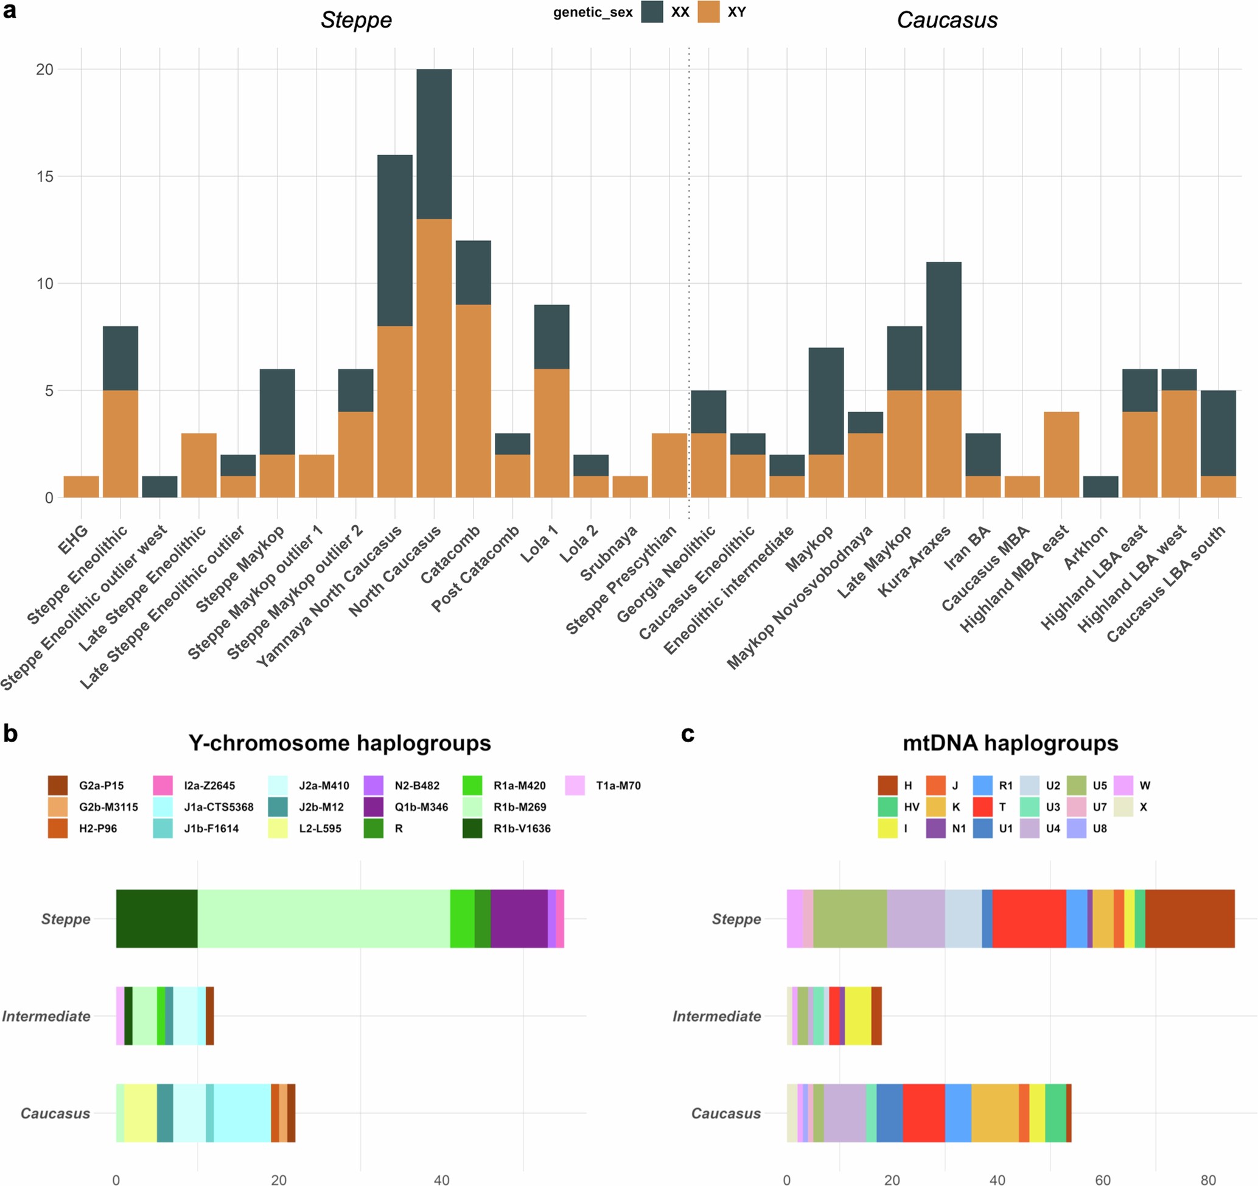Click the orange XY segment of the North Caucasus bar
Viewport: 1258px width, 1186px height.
434,357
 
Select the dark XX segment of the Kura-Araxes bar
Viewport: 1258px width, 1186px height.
943,326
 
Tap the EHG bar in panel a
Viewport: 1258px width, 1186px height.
81,486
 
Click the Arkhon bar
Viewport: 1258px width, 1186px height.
1100,486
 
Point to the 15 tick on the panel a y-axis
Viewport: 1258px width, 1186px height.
45,177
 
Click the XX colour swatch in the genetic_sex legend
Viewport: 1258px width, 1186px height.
652,12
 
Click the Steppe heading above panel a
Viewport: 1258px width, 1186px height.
355,20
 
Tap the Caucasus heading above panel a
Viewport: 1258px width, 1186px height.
946,20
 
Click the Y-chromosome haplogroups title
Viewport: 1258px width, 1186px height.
339,742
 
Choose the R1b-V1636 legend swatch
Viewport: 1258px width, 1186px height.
473,828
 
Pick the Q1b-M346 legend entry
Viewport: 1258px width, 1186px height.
421,807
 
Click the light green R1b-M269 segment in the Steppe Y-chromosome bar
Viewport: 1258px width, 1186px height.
323,918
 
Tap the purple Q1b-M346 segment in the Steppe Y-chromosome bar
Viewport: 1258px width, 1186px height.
519,918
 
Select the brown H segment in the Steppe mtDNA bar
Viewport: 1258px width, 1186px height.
1190,918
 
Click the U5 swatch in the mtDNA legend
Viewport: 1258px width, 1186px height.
1077,785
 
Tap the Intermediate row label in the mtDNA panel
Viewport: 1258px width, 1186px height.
716,1016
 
